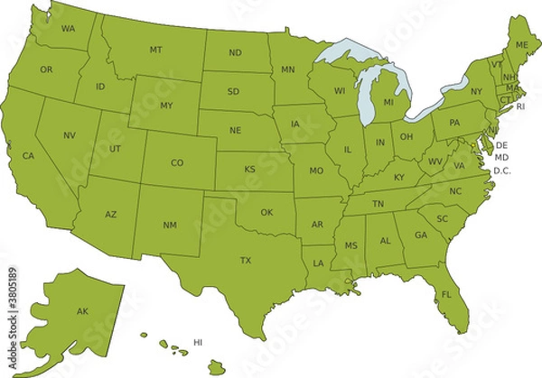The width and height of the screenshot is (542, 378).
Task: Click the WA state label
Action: pyautogui.click(x=68, y=29)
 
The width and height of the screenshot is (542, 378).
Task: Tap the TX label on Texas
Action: pyautogui.click(x=245, y=260)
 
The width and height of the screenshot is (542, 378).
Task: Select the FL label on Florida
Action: pyautogui.click(x=446, y=295)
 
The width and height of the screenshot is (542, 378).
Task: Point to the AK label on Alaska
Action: pyautogui.click(x=82, y=311)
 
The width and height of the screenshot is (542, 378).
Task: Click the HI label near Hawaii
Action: pyautogui.click(x=198, y=342)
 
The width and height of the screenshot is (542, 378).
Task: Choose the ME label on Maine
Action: pyautogui.click(x=522, y=45)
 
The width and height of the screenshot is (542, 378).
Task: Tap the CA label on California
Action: pyautogui.click(x=28, y=156)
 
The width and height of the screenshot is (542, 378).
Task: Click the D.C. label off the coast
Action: pyautogui.click(x=502, y=171)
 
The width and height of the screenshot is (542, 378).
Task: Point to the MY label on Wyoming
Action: pyautogui.click(x=166, y=106)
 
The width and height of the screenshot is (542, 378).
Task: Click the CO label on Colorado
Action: pyautogui.click(x=177, y=163)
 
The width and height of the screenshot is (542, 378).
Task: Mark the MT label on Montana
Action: pyautogui.click(x=155, y=49)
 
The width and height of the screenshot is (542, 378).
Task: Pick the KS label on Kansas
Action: pyautogui.click(x=248, y=169)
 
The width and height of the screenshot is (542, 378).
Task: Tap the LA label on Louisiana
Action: pyautogui.click(x=318, y=263)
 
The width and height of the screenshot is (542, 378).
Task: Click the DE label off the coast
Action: pyautogui.click(x=501, y=145)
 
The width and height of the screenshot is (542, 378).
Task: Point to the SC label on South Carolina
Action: pyautogui.click(x=442, y=219)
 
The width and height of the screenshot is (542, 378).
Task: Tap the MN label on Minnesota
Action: pyautogui.click(x=288, y=69)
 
